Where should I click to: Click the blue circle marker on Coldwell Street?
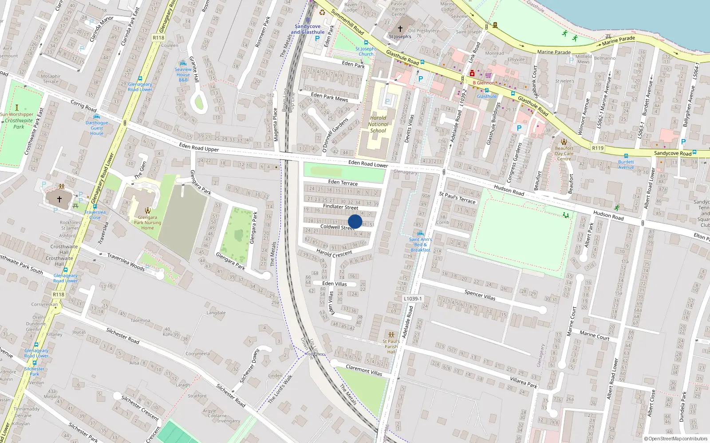(355, 221)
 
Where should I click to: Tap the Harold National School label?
(378, 124)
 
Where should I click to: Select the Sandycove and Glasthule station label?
(308, 29)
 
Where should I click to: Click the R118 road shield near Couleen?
(158, 38)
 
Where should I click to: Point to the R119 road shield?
(598, 148)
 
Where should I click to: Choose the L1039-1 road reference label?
(413, 299)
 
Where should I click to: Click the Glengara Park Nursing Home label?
(147, 222)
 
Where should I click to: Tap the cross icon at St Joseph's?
(400, 29)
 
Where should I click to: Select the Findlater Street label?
(340, 207)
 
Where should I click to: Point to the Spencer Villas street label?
(480, 295)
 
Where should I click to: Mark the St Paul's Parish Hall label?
(391, 346)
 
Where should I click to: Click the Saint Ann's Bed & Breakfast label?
(420, 245)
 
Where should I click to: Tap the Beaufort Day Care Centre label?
(564, 153)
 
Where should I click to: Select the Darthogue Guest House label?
(97, 128)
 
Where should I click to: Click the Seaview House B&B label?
(183, 74)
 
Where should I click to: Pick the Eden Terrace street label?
(343, 183)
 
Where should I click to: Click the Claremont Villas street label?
(364, 370)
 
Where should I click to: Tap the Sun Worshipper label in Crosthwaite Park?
(17, 114)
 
